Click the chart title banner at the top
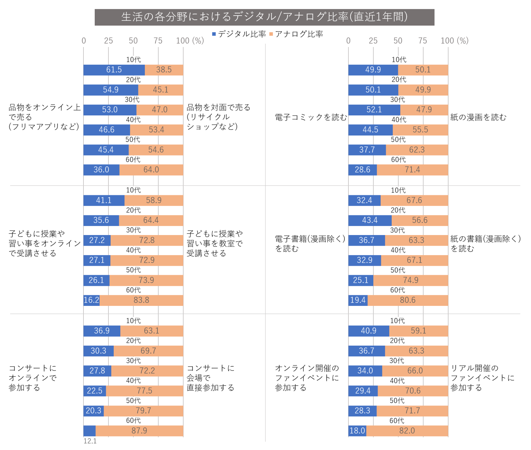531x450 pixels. (x=264, y=17)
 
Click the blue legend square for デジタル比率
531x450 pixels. (x=214, y=34)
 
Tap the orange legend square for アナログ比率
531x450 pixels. (x=271, y=34)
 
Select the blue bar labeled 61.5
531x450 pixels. (x=114, y=70)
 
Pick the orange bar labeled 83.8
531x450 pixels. (x=141, y=300)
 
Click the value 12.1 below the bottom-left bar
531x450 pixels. (x=90, y=441)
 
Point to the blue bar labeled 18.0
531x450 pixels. (x=357, y=431)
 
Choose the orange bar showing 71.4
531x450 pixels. (x=412, y=170)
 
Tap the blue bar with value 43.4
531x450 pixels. (x=370, y=220)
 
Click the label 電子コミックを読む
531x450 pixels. (x=311, y=118)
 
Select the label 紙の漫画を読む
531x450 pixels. (x=478, y=118)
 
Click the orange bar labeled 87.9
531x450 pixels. (x=139, y=431)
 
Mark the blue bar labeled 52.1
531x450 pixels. (x=374, y=110)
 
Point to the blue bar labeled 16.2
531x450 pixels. (x=91, y=300)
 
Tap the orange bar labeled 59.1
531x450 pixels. (x=418, y=331)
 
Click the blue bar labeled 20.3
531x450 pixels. (x=93, y=411)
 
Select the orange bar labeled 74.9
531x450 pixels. (x=411, y=280)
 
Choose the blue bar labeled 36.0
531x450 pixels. (x=101, y=170)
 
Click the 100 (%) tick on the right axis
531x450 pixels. (x=454, y=41)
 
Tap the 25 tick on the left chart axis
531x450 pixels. (x=109, y=41)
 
